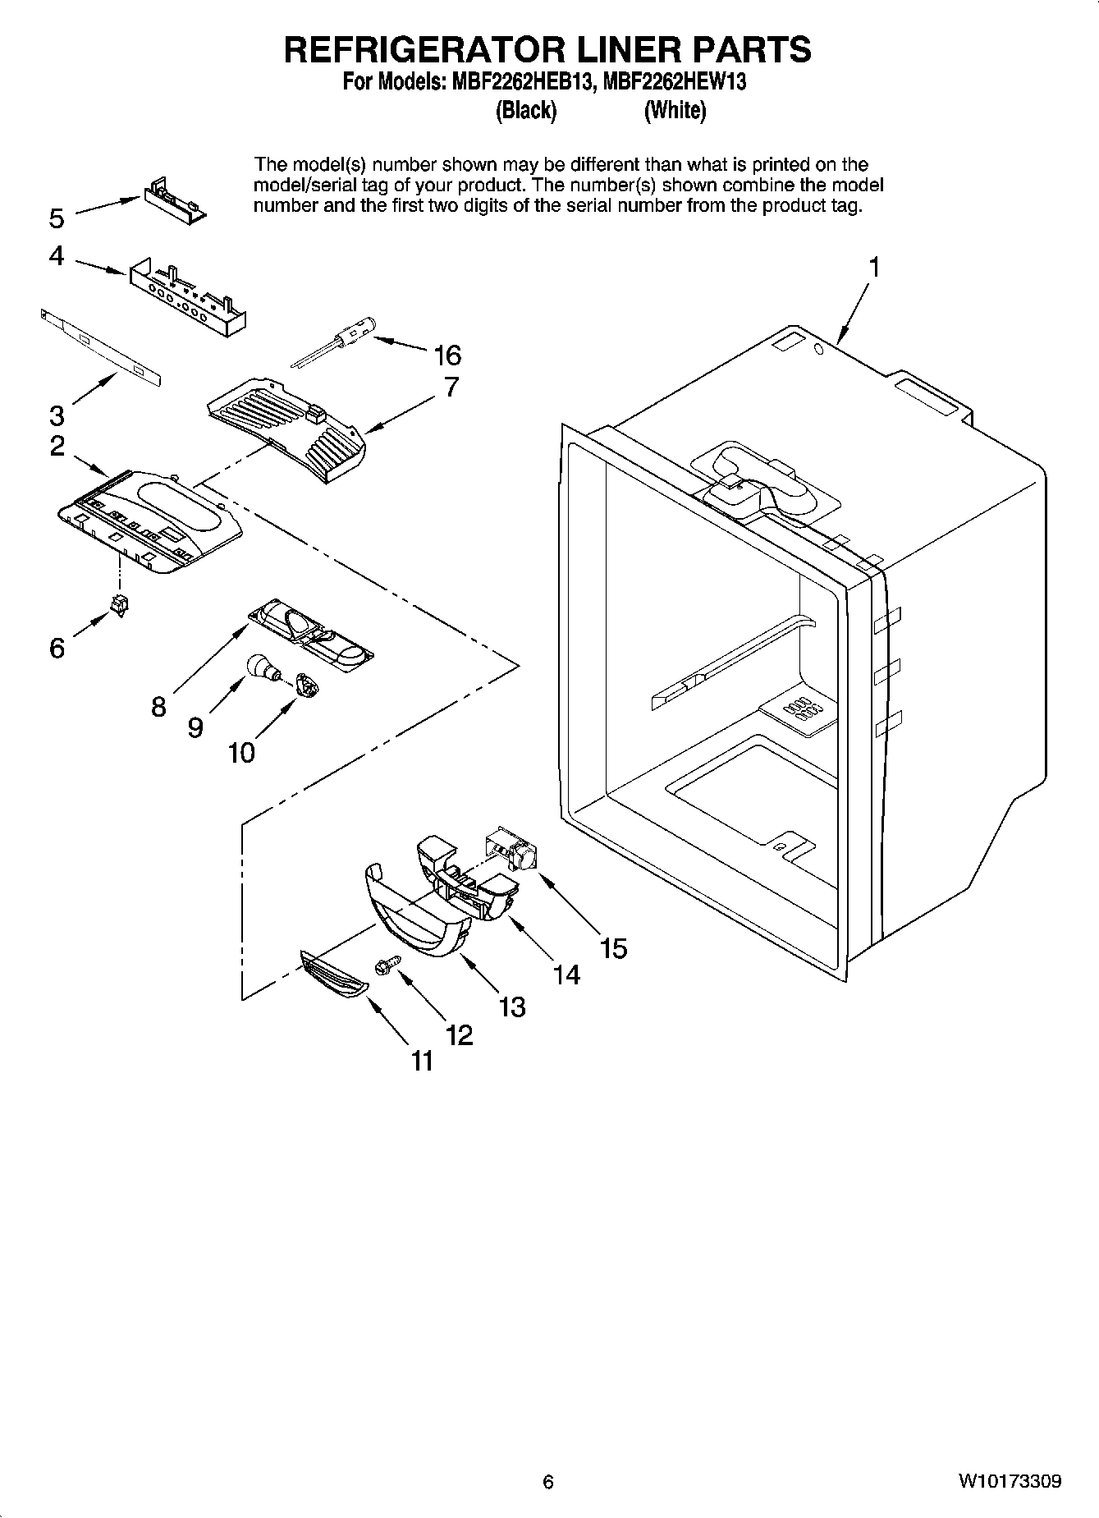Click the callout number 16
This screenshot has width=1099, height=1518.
pyautogui.click(x=447, y=355)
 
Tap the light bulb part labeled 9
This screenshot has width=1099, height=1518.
pyautogui.click(x=261, y=667)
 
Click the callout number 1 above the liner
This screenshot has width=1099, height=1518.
pyautogui.click(x=874, y=268)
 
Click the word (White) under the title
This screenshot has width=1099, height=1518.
pyautogui.click(x=675, y=110)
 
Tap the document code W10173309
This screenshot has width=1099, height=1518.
pyautogui.click(x=1009, y=1482)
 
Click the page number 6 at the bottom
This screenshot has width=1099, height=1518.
pyautogui.click(x=548, y=1482)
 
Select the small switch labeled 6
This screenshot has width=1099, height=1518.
pyautogui.click(x=121, y=605)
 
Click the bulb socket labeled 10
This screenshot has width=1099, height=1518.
pyautogui.click(x=305, y=684)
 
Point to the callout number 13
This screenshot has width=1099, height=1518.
pyautogui.click(x=512, y=1007)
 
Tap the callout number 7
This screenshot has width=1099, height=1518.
pyautogui.click(x=451, y=388)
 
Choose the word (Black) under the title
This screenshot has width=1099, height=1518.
pyautogui.click(x=526, y=110)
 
